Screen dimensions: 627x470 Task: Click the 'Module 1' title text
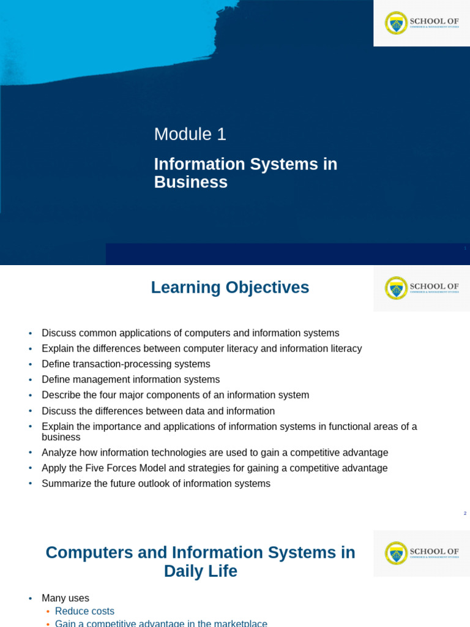[190, 134]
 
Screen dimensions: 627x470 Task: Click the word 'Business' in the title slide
[190, 182]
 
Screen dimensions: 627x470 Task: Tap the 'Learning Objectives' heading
[229, 287]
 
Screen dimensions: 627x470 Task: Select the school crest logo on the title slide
[396, 23]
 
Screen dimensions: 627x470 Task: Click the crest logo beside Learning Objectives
[396, 288]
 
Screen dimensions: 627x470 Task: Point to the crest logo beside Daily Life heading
[396, 554]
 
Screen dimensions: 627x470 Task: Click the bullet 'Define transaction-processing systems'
[125, 364]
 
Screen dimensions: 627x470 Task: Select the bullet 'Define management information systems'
[130, 380]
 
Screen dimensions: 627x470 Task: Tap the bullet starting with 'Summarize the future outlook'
[155, 484]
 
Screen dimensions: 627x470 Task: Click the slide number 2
[465, 514]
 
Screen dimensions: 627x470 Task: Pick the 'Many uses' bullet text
[65, 598]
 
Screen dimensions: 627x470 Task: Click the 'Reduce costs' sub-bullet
[84, 611]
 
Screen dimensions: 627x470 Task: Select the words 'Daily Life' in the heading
[200, 571]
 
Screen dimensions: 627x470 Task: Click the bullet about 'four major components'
[175, 396]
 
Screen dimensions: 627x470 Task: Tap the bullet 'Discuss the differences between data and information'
[158, 411]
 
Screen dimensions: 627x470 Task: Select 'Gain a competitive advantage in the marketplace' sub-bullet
[161, 623]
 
